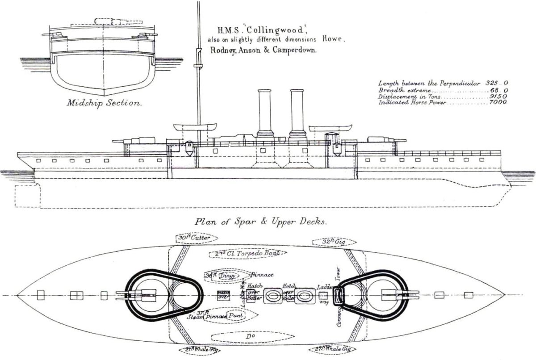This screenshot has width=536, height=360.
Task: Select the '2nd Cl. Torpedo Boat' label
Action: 246,253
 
